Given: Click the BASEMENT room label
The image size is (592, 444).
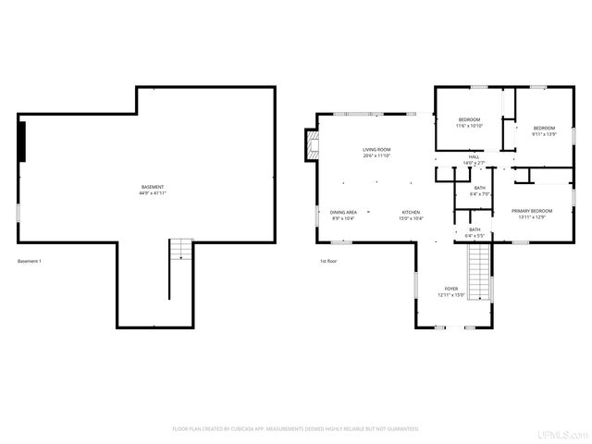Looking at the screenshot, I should [x=152, y=187].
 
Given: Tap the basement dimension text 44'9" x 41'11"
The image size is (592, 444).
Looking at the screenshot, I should [x=152, y=193].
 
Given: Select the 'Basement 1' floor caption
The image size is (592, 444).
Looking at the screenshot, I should [x=30, y=261].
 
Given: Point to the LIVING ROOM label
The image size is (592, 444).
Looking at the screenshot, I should [x=376, y=150].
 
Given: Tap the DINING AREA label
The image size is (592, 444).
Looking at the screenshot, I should [x=344, y=213].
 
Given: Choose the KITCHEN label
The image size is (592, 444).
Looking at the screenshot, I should [x=411, y=213].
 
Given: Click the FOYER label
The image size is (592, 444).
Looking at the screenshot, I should [x=450, y=290].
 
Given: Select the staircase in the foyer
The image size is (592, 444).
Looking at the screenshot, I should [x=478, y=273].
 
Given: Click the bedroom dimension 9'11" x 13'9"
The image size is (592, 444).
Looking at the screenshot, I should [x=544, y=133].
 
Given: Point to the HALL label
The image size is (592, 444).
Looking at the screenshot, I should [x=474, y=157].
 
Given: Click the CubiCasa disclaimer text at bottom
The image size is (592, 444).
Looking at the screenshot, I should [x=296, y=429].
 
